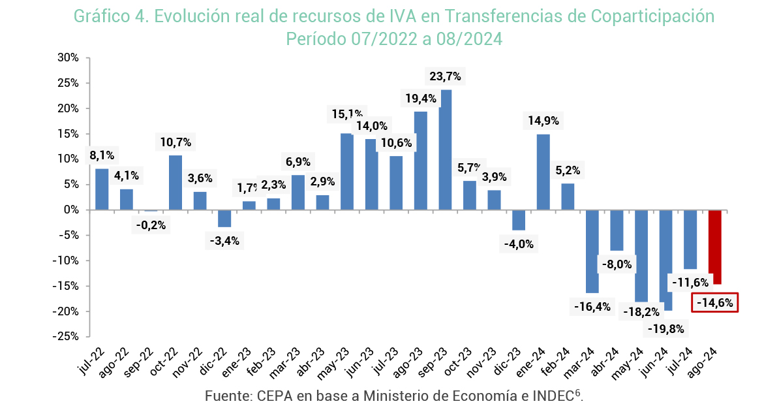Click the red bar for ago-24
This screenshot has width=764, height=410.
(715, 247)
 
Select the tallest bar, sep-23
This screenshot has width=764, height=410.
(446, 150)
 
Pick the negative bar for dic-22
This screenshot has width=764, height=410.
(224, 218)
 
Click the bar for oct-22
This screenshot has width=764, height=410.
(176, 182)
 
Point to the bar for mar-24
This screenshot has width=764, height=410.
(592, 251)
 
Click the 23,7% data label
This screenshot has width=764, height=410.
(446, 76)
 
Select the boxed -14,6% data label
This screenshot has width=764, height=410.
(714, 303)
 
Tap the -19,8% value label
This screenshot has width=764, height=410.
(665, 328)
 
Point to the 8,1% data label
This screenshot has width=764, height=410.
(102, 155)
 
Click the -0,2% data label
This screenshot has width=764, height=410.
(151, 225)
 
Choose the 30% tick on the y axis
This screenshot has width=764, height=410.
(68, 57)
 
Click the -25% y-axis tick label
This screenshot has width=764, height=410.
(66, 336)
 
